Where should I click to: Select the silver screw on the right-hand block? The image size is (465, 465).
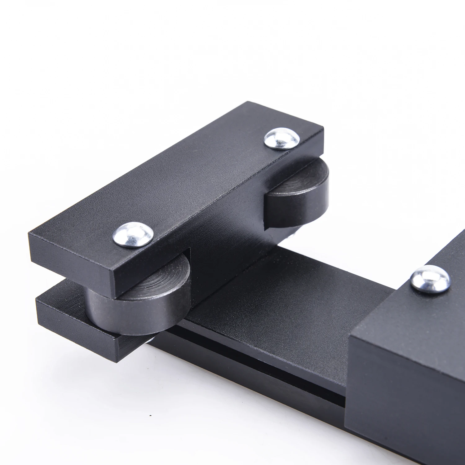tap(430, 278)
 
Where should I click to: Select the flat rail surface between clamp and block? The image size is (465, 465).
tap(279, 294)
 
